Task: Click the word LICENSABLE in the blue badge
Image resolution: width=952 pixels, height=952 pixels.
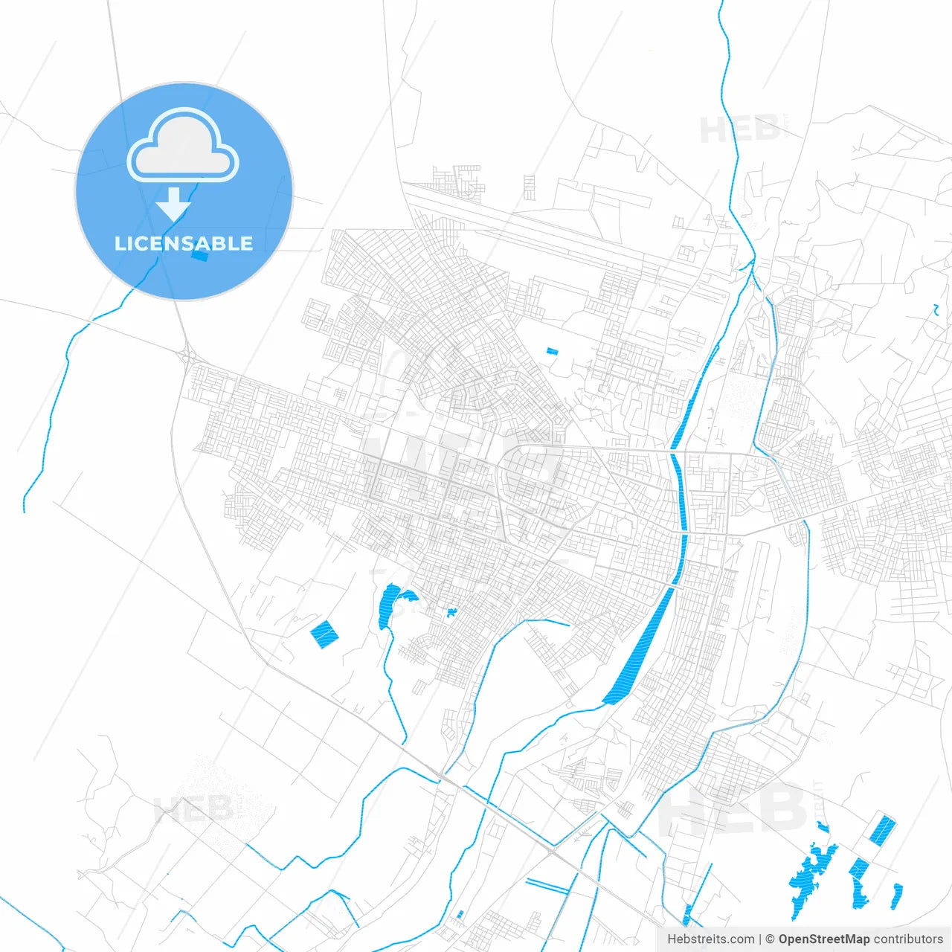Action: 184,243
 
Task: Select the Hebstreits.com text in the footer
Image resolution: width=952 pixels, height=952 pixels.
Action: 710,939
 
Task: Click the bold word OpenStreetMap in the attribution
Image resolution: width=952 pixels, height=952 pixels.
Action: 824,939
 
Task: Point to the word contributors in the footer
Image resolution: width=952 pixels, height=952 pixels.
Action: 908,939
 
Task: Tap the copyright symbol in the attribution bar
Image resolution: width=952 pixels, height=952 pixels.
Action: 771,939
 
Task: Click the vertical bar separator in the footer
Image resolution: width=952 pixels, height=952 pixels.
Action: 760,939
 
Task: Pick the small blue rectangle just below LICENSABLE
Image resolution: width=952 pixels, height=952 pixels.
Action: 199,255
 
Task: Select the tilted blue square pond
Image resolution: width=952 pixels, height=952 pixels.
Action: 324,634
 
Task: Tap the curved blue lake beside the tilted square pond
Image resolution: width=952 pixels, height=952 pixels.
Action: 389,604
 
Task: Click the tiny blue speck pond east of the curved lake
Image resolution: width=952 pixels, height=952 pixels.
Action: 451,613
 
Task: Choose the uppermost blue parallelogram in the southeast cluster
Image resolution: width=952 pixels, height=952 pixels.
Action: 883,829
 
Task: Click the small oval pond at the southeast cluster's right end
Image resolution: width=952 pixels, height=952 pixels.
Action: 897,896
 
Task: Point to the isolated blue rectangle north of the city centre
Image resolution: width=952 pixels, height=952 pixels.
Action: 551,351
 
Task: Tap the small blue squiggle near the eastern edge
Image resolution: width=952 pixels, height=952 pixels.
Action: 936,309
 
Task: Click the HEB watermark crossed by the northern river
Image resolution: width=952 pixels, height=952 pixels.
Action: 739,130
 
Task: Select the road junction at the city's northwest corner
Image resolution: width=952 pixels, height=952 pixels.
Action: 186,356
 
